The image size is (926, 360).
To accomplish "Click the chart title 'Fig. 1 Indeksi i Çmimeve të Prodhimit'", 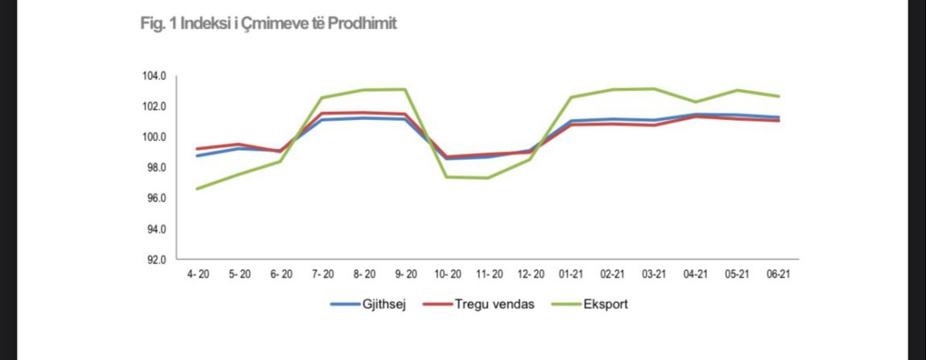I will point(268,24).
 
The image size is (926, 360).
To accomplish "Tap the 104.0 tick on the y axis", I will point(154,77).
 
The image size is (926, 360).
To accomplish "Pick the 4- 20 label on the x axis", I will point(198,275).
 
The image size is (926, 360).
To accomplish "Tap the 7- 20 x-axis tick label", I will point(322,275).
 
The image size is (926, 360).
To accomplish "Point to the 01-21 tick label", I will point(571,275).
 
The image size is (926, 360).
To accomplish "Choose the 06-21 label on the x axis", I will point(778,275).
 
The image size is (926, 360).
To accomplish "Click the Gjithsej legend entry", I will point(370,305).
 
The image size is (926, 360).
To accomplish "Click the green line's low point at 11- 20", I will point(488,178).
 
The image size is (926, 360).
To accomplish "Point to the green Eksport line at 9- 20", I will point(405,89).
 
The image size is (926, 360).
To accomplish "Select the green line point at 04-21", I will point(695,102).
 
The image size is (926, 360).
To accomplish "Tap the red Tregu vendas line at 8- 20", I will point(364,113).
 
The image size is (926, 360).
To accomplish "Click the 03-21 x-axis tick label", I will point(654,275).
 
